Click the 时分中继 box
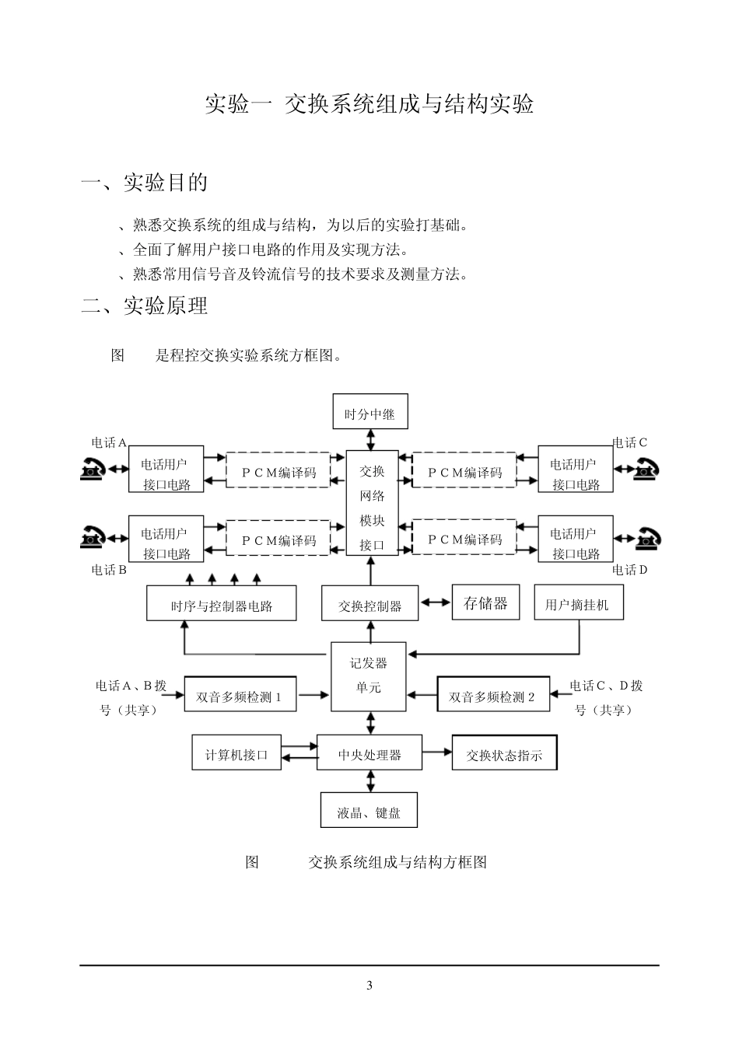tap(370, 414)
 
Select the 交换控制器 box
tap(369, 604)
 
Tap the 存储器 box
tap(485, 602)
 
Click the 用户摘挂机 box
tap(579, 603)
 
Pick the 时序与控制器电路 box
tap(222, 604)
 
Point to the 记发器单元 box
tap(369, 676)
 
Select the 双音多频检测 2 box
tap(493, 696)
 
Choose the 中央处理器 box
tap(369, 753)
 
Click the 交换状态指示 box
tap(504, 753)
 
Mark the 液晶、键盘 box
tap(369, 812)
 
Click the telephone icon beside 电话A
tap(92, 469)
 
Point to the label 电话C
tap(629, 443)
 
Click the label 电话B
tap(108, 570)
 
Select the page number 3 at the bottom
tap(369, 986)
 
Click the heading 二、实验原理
tap(145, 306)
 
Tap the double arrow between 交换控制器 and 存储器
tap(435, 602)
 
